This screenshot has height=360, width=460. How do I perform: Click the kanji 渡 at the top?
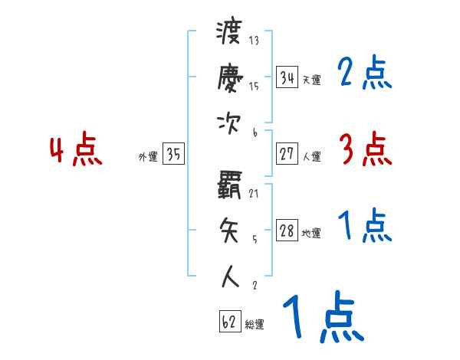tap(230, 34)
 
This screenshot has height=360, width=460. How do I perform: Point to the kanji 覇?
tap(230, 185)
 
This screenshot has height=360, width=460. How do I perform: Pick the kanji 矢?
tap(230, 228)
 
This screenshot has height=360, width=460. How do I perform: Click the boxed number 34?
tap(287, 77)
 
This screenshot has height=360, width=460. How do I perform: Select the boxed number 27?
tap(287, 154)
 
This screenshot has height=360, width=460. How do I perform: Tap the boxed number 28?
tap(287, 231)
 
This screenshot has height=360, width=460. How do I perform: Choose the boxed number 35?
tap(173, 155)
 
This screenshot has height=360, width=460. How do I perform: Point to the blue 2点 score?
tap(365, 74)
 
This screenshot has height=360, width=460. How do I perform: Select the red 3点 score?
tap(365, 149)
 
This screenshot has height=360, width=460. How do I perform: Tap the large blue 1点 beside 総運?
tap(323, 318)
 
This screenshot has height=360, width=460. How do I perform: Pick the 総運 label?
tap(255, 325)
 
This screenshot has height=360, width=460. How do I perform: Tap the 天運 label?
tap(311, 80)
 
